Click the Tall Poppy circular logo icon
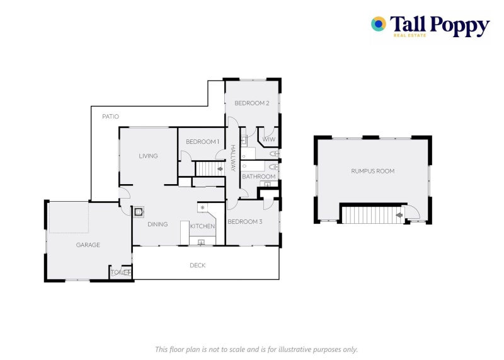(x=378, y=24)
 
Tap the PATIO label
(x=111, y=116)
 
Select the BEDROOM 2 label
(x=252, y=103)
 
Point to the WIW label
(x=269, y=139)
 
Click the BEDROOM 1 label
(x=202, y=142)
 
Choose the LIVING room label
(x=149, y=156)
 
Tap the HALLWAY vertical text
(x=232, y=158)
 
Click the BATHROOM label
(x=259, y=177)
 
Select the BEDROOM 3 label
(x=244, y=221)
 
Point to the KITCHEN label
(x=203, y=226)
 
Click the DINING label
(x=157, y=224)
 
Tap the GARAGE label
(x=88, y=245)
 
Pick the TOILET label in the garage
(x=121, y=272)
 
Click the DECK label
(x=198, y=265)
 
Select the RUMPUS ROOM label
(x=373, y=171)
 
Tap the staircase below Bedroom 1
(x=209, y=168)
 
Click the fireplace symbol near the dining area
(x=139, y=212)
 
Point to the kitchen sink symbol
(x=202, y=241)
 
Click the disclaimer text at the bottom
(x=256, y=349)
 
